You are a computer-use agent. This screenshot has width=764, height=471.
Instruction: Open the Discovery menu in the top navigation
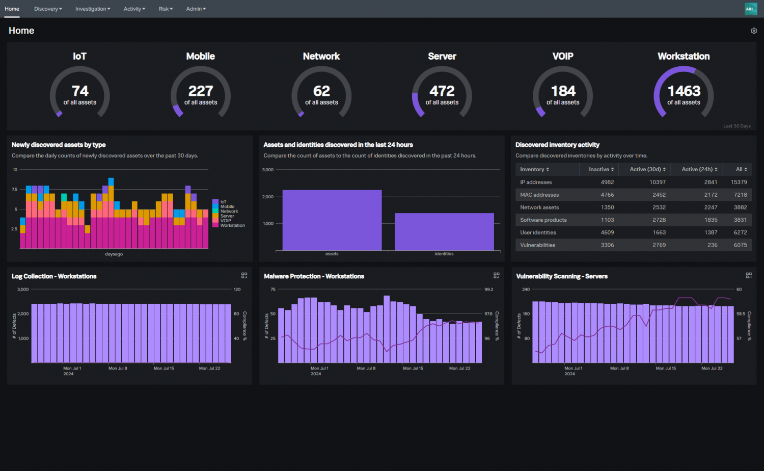(48, 9)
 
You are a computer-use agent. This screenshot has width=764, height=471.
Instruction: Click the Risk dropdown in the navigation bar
(166, 9)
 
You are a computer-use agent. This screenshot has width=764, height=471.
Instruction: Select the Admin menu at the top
(196, 9)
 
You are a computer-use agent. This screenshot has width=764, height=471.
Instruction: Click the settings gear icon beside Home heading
(754, 31)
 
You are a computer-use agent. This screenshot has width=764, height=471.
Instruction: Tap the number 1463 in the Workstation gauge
(684, 91)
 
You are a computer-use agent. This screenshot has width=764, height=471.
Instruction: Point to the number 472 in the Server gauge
(442, 91)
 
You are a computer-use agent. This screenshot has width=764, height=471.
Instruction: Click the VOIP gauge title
(563, 56)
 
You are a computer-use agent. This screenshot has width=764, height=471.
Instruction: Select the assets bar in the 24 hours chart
(332, 220)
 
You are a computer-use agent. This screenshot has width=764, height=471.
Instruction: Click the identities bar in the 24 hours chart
(444, 232)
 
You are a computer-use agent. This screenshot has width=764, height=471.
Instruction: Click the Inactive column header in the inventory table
(601, 169)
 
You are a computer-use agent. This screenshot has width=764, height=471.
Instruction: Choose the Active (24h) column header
(699, 169)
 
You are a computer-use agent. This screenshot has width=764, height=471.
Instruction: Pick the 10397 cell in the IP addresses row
(657, 182)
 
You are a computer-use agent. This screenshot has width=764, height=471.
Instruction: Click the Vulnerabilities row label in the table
(537, 245)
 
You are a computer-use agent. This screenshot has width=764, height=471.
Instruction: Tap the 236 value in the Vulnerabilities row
(712, 245)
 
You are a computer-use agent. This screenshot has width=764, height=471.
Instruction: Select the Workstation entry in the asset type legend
(232, 225)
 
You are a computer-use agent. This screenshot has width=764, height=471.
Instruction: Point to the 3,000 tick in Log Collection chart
(23, 290)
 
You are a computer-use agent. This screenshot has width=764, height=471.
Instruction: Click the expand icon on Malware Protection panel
(496, 275)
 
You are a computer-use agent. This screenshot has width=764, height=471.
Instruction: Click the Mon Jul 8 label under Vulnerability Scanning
(619, 368)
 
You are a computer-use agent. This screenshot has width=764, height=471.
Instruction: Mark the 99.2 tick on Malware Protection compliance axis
(488, 290)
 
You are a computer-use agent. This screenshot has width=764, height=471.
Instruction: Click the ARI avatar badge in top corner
(749, 9)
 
